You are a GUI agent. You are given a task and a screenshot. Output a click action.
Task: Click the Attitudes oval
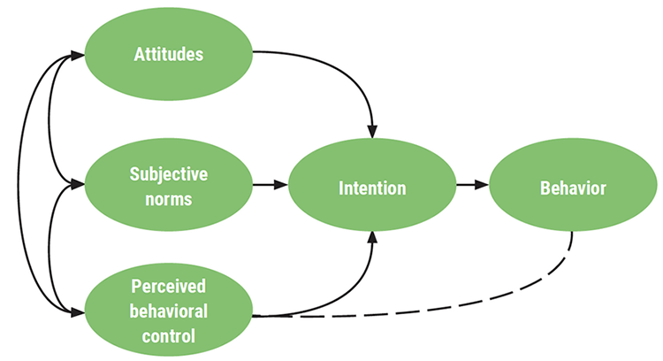coord(168,53)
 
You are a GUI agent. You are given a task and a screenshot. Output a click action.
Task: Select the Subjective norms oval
coord(168,186)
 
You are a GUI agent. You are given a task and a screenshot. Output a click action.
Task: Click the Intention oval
coord(372,187)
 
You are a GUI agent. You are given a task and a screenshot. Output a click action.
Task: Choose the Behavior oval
coord(573,187)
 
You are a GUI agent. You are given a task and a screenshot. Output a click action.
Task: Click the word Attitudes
coord(168,54)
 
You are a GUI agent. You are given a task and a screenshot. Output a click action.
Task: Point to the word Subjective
coord(168,174)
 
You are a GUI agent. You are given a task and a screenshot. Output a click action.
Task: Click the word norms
coord(168,197)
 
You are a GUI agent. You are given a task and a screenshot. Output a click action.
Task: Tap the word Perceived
coord(168,288)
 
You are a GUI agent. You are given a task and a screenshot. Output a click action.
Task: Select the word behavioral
coord(168,312)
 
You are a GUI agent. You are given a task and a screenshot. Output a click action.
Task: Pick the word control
coord(168,336)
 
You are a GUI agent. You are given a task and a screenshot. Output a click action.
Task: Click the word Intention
coord(372,188)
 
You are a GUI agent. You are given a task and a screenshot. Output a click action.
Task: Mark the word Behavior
coord(573,188)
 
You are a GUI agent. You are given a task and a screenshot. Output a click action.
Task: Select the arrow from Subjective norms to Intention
coord(270,186)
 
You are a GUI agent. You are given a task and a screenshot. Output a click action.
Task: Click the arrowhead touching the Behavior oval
coord(483,186)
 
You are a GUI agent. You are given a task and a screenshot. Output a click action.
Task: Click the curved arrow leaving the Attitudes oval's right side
coord(336,71)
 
